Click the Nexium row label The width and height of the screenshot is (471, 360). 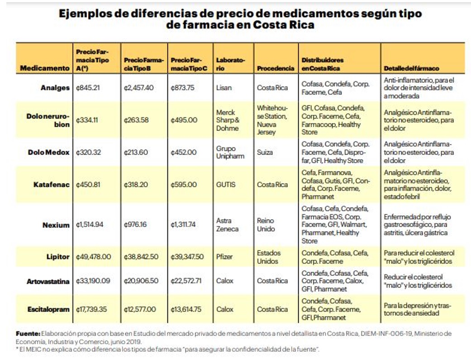(x=56, y=225)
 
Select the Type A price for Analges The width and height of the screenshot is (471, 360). (x=88, y=88)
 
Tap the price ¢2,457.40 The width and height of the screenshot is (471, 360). (x=139, y=88)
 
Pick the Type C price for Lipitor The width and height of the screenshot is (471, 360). (x=187, y=257)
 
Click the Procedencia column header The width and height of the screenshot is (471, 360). (x=276, y=68)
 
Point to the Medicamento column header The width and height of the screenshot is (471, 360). (x=45, y=68)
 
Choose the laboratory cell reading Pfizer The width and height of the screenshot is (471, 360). (x=224, y=257)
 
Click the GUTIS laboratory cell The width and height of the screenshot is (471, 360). (x=226, y=185)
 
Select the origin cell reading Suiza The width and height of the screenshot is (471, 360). (x=265, y=152)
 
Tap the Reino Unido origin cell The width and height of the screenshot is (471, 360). (x=266, y=225)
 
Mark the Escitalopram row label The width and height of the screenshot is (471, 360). (x=48, y=309)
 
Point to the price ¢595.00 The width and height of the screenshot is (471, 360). (x=184, y=185)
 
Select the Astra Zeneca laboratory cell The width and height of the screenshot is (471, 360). (x=228, y=225)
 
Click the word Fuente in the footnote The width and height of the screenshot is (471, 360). (x=28, y=334)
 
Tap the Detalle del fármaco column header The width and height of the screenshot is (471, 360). (x=411, y=68)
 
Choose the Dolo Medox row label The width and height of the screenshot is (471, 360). (x=49, y=152)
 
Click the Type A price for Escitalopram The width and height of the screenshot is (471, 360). (x=91, y=309)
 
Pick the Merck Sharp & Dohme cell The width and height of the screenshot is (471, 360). (x=228, y=120)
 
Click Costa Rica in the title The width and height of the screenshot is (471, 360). (x=284, y=24)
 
